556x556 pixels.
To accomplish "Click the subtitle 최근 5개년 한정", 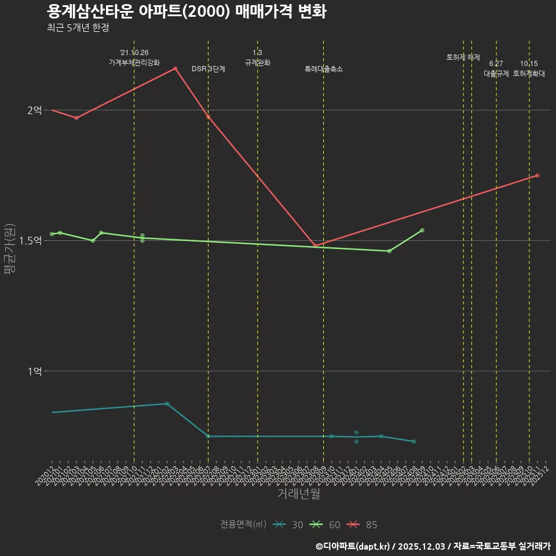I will tap(78, 28).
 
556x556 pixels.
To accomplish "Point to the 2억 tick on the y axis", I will tap(34, 110).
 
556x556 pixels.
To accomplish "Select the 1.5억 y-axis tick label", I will tap(30, 240).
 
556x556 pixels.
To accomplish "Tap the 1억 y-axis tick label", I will tap(34, 371).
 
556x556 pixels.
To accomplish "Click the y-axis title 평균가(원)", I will tap(10, 249).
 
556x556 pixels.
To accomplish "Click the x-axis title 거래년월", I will tap(298, 493).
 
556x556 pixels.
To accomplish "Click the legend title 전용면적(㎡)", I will tap(243, 525).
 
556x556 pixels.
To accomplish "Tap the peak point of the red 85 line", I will tap(175, 68).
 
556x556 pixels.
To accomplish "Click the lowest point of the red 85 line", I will tap(315, 246).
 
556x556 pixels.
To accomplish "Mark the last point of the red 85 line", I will tap(537, 175).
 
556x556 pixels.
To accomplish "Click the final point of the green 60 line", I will tap(422, 230).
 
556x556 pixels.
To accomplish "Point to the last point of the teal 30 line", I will tap(414, 441).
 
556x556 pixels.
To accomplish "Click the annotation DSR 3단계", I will tap(209, 69).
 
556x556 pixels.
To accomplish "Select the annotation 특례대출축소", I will tap(324, 69).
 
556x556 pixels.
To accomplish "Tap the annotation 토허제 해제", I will tap(463, 57).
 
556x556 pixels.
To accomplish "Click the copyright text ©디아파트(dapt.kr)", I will tap(354, 546).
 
